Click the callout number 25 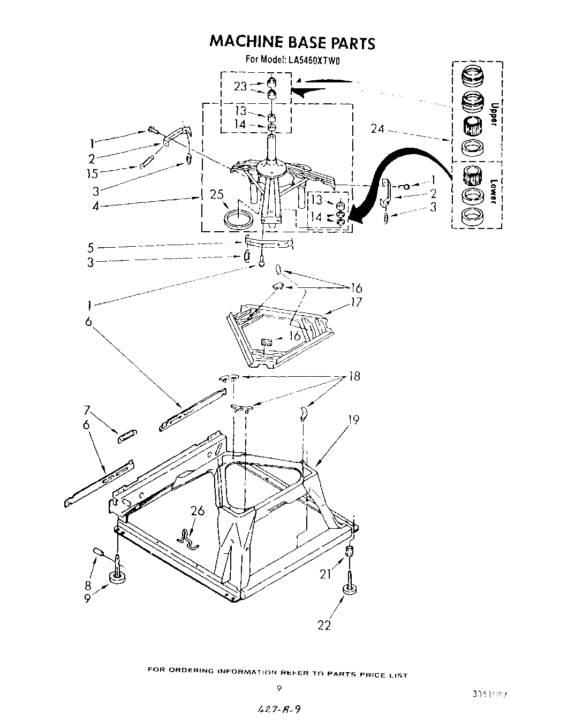[x=217, y=195]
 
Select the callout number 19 [x=352, y=420]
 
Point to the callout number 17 [x=355, y=302]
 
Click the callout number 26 [x=198, y=511]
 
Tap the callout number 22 [x=324, y=625]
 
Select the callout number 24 [x=378, y=128]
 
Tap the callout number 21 [x=326, y=574]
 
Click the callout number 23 [x=240, y=87]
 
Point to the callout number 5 [x=91, y=247]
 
